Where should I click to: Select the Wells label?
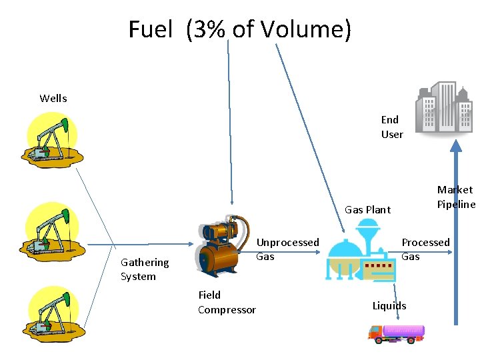click(x=53, y=98)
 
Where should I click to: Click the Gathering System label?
click(x=144, y=269)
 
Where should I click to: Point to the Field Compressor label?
click(x=227, y=302)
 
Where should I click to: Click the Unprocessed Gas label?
click(x=287, y=249)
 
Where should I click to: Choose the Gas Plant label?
click(x=367, y=209)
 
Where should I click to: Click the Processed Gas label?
click(x=425, y=249)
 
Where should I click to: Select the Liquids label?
click(x=389, y=305)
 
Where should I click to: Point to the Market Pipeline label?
click(x=456, y=197)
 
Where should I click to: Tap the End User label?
click(x=392, y=127)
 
